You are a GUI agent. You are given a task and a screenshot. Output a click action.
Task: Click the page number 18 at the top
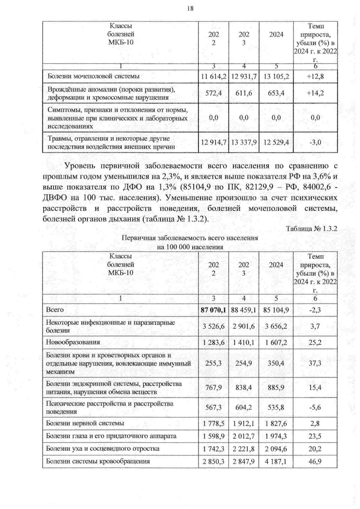click(x=190, y=9)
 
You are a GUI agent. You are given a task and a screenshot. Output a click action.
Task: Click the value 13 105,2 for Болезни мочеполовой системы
click(x=276, y=77)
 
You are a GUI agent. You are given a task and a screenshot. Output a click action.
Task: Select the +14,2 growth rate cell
click(x=315, y=93)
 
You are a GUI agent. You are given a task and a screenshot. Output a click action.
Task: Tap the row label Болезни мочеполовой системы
click(x=94, y=76)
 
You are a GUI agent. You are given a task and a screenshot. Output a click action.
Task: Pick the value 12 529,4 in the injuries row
click(x=276, y=142)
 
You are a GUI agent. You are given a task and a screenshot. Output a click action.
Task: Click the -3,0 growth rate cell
click(x=315, y=142)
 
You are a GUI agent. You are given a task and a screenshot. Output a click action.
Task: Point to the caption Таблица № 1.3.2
click(x=311, y=229)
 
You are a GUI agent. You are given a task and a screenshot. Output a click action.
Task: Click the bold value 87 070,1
click(x=213, y=310)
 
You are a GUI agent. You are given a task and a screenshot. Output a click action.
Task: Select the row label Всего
click(x=55, y=309)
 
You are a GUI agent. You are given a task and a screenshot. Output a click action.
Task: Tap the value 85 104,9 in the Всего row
click(x=276, y=310)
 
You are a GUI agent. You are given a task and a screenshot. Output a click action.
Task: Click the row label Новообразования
click(x=73, y=342)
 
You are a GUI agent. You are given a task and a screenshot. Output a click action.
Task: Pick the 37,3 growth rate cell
click(x=315, y=363)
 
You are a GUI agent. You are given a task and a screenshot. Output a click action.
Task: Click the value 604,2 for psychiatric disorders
click(x=244, y=408)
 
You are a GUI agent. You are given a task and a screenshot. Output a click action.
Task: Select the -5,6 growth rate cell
click(x=315, y=408)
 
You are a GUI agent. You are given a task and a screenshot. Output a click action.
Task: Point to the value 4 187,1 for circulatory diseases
click(x=276, y=462)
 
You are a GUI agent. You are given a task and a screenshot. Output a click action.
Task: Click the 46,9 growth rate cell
click(x=315, y=462)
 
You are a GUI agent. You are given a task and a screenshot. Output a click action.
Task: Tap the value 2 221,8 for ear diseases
click(x=244, y=449)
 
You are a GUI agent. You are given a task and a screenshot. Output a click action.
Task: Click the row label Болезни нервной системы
click(x=85, y=423)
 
